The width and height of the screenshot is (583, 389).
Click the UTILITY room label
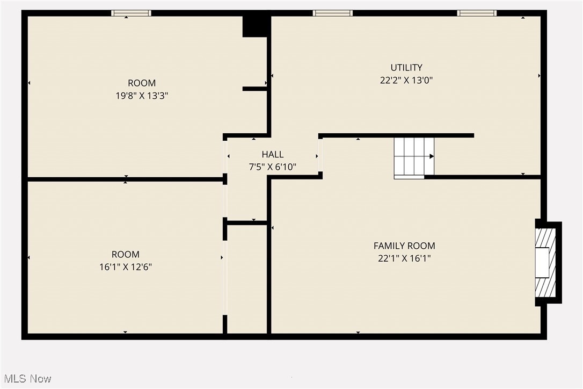(x=406, y=68)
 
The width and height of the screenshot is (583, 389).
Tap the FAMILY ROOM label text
(x=404, y=246)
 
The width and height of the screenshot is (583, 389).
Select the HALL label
(x=273, y=155)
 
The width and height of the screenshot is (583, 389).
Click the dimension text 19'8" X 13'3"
(x=142, y=96)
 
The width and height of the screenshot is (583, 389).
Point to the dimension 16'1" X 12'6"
(x=126, y=267)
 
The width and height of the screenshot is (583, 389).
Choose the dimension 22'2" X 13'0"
(x=406, y=81)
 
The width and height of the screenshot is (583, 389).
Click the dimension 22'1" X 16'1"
(x=404, y=258)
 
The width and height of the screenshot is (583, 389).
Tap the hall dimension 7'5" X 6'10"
(x=273, y=167)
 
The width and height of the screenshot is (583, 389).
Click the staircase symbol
(x=413, y=157)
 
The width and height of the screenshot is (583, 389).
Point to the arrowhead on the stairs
(x=432, y=156)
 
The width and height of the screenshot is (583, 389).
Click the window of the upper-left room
(x=131, y=13)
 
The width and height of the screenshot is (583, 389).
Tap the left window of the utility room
(x=333, y=13)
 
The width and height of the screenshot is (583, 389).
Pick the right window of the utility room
(x=477, y=13)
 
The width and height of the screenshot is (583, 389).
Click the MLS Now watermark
(x=26, y=379)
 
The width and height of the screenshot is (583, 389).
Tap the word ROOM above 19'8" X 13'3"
(x=142, y=83)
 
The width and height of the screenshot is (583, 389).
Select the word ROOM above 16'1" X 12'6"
(x=126, y=254)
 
